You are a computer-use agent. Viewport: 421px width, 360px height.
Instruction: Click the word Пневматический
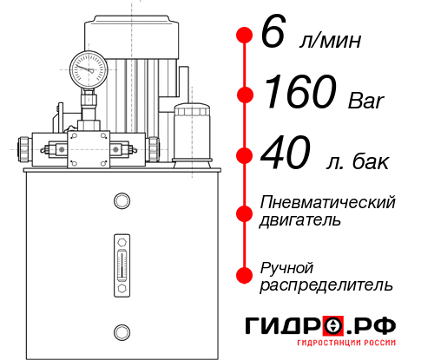(x=328, y=202)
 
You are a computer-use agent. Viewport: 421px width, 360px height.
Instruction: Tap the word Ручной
(x=286, y=266)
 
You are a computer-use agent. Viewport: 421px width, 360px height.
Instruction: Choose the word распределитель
(x=326, y=285)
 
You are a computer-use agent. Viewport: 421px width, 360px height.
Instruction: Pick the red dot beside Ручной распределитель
(x=245, y=275)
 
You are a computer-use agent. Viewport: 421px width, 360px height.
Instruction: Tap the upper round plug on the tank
(x=121, y=202)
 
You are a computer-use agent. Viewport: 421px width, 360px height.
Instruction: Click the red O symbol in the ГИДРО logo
(x=332, y=326)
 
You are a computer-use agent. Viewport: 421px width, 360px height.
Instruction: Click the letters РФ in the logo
(x=375, y=326)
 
